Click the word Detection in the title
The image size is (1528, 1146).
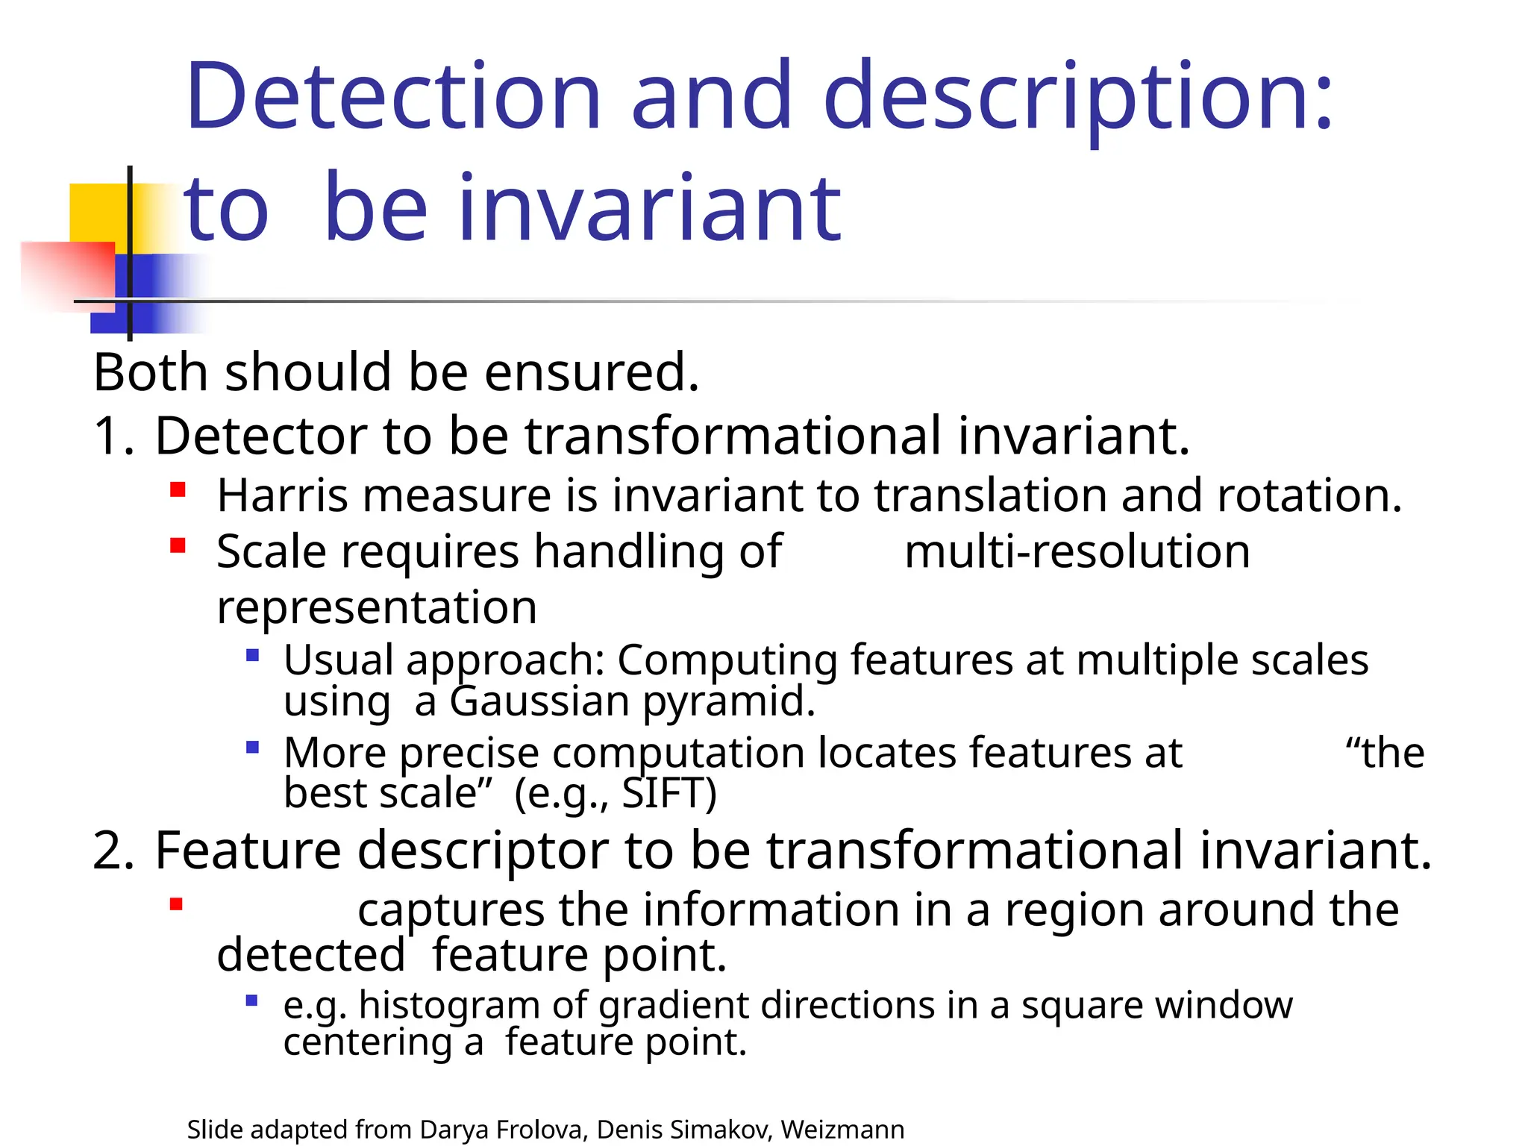(393, 96)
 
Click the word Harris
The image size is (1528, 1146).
(282, 495)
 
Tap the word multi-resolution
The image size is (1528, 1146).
(1077, 552)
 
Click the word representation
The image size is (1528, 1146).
(377, 607)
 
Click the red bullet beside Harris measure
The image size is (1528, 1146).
(178, 490)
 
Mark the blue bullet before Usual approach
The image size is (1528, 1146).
(252, 656)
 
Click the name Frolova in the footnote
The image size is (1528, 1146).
(541, 1130)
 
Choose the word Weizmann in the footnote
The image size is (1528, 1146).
(842, 1130)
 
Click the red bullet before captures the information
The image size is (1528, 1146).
(176, 905)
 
